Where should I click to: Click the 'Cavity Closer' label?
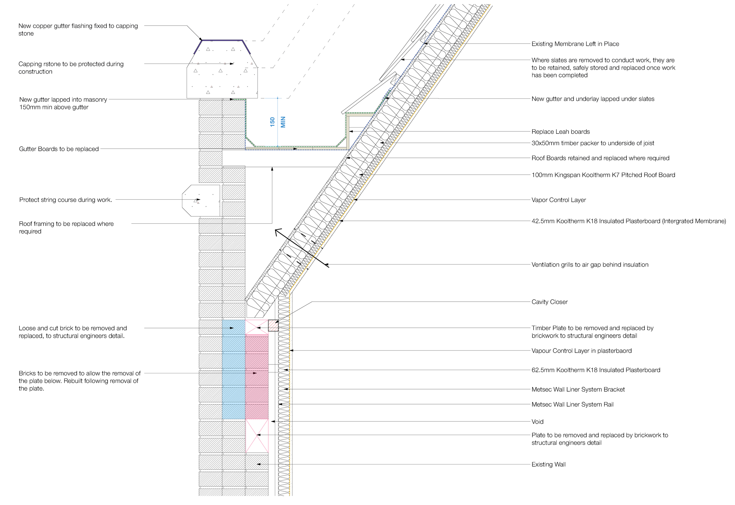[x=549, y=302]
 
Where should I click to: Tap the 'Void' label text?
[x=537, y=422]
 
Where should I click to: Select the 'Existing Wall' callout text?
[x=548, y=464]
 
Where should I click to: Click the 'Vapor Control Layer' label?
[x=558, y=200]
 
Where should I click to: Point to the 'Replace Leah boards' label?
[x=560, y=132]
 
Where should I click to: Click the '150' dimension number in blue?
[x=273, y=122]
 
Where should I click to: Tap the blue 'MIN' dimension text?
[x=283, y=122]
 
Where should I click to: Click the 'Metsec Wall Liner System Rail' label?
[x=572, y=404]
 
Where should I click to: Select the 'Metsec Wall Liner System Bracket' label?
[x=578, y=389]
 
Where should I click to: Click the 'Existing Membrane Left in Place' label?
[x=575, y=44]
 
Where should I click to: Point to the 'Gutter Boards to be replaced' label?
[x=59, y=149]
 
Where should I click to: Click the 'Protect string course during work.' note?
[x=66, y=200]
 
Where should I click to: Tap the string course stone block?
[x=201, y=200]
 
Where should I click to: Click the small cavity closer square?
[x=273, y=326]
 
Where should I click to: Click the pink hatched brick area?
[x=257, y=377]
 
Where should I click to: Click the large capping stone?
[x=222, y=74]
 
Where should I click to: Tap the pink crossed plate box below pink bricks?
[x=257, y=436]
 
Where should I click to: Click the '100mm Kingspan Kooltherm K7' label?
[x=603, y=175]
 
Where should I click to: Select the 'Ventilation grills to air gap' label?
[x=590, y=265]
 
